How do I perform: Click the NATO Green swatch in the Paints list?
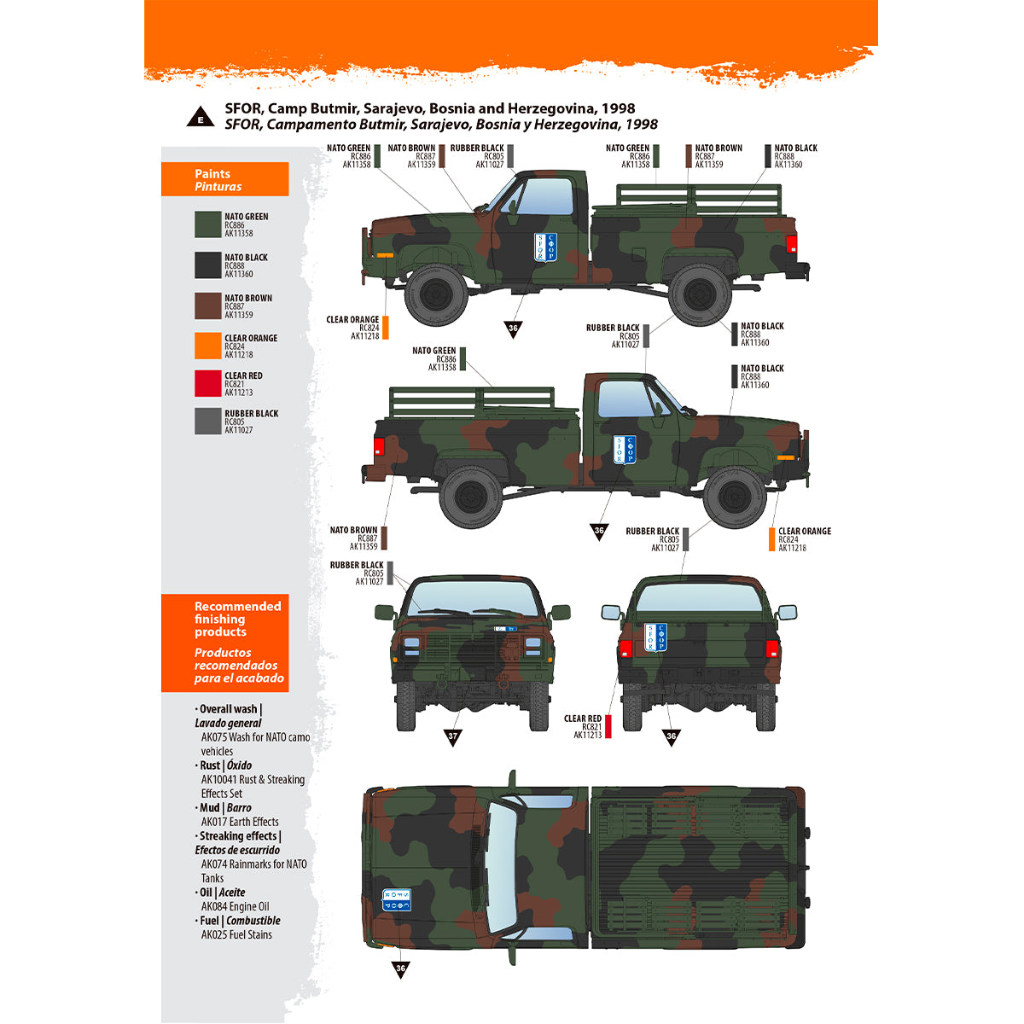[x=208, y=224]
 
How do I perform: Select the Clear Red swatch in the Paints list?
[x=208, y=383]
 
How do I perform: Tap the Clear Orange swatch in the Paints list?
[x=208, y=346]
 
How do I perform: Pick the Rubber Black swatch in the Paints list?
[x=208, y=422]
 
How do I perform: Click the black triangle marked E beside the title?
[x=201, y=118]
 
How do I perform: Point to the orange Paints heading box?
[x=225, y=180]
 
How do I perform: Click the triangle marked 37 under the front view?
[x=452, y=737]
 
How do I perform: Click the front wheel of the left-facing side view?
[x=436, y=295]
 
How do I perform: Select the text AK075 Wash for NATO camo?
[x=255, y=737]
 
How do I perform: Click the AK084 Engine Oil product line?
[x=235, y=906]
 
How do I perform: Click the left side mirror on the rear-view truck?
[x=611, y=613]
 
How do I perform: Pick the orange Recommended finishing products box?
[x=225, y=643]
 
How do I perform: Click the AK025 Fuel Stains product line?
[x=236, y=934]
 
